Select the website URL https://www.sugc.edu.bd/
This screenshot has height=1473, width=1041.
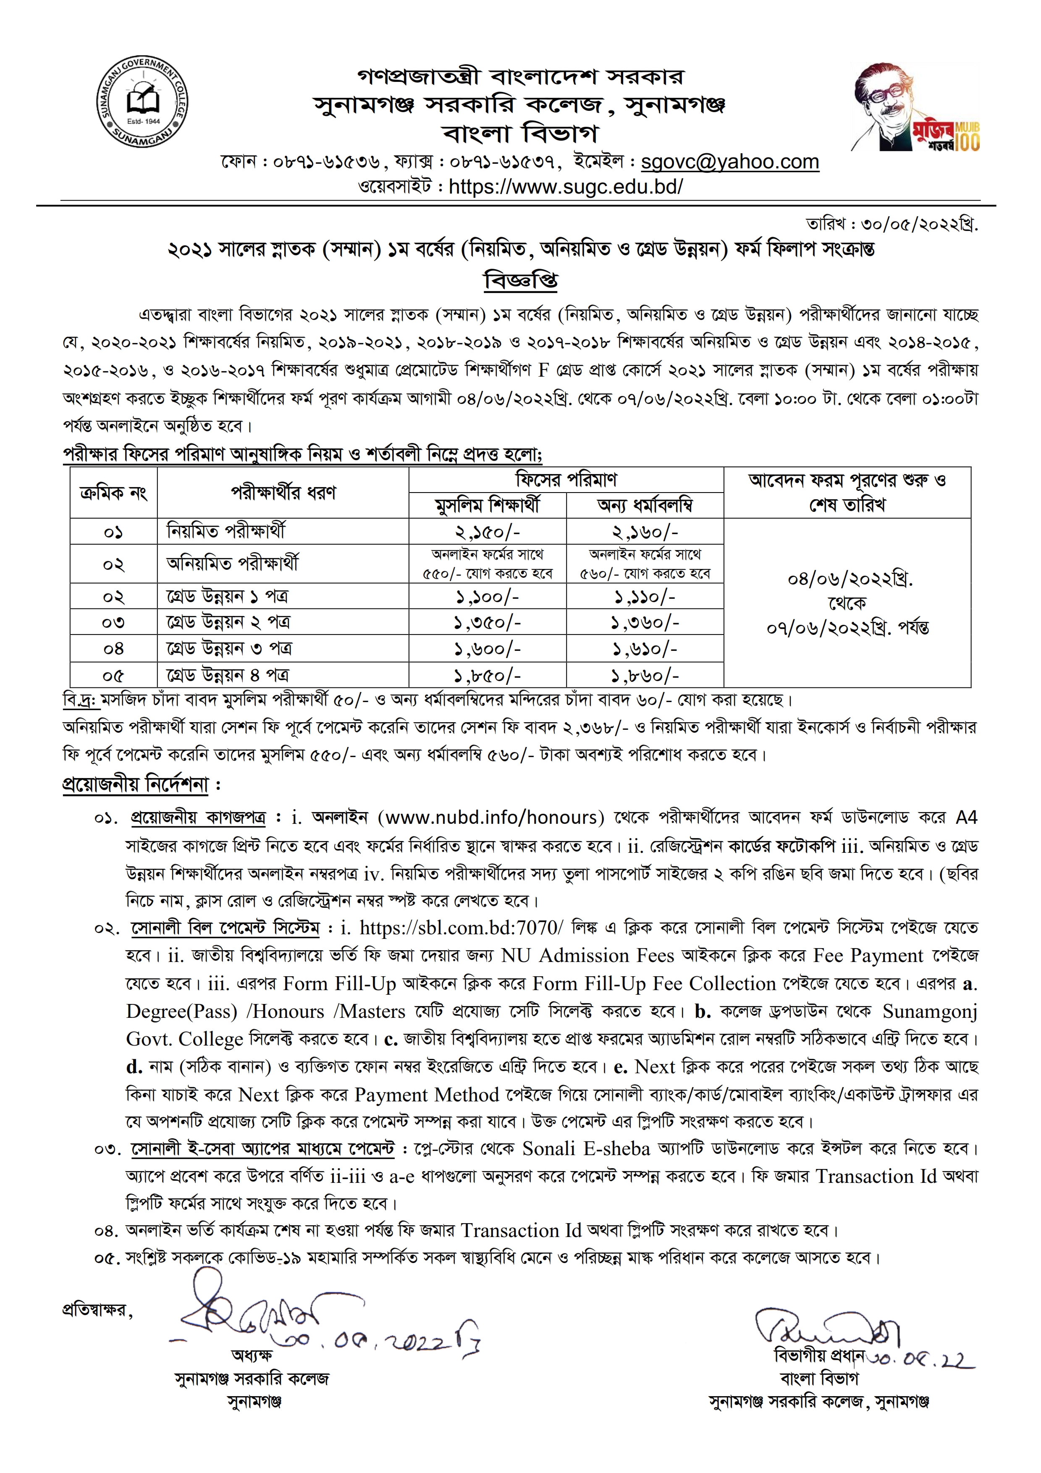point(566,187)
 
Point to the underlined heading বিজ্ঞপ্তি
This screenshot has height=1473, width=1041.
point(520,280)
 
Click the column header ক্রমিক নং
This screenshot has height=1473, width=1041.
point(113,493)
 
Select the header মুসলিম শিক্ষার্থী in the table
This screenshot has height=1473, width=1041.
point(488,506)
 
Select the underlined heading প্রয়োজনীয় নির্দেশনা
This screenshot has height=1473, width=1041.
point(136,785)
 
